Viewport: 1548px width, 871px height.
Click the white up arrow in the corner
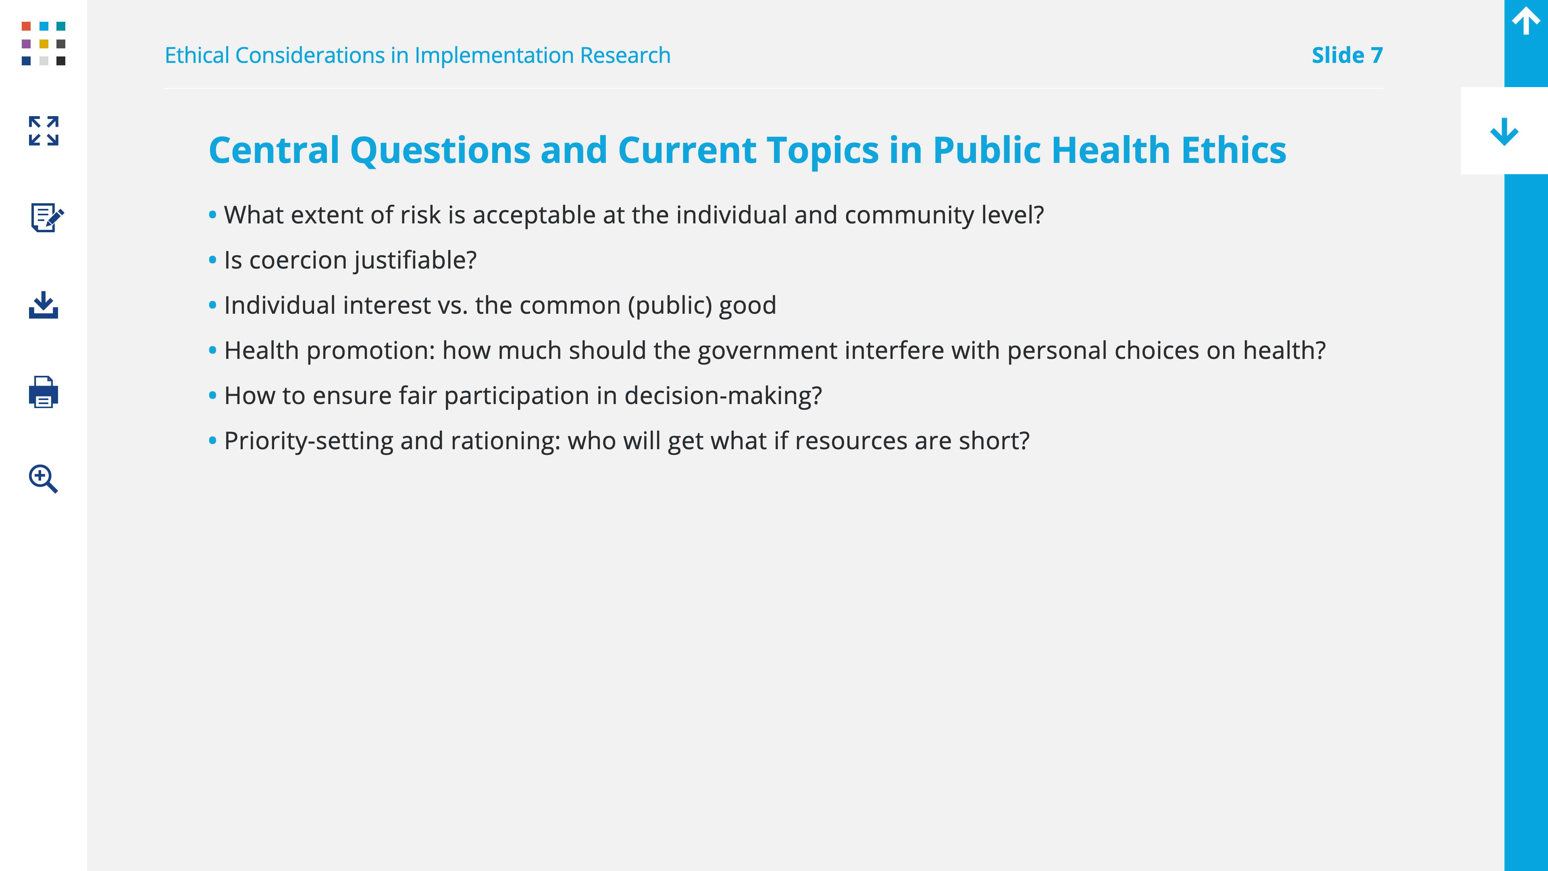1526,21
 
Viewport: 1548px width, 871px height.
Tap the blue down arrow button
1504,131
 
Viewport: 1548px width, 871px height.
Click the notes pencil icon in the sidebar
47,217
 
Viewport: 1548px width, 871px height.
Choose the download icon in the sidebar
43,305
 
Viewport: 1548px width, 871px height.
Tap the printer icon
43,392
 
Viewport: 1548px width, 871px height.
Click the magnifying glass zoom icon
43,479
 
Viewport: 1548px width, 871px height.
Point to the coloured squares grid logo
43,43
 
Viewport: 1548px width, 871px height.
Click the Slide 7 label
1347,55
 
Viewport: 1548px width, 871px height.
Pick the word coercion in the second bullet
298,260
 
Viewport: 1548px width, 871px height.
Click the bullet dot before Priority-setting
212,441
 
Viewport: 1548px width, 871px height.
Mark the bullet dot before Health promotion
212,350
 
